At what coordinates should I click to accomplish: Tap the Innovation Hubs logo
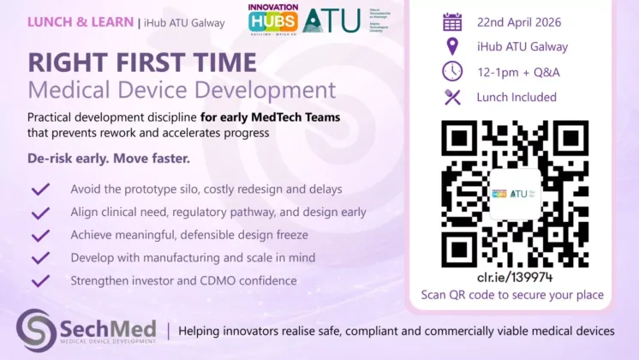point(273,20)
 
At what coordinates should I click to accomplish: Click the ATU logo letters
point(331,20)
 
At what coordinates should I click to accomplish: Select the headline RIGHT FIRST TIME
point(141,63)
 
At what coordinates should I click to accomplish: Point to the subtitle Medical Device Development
point(182,89)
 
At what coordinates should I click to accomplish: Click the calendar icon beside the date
point(452,22)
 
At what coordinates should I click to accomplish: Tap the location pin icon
point(452,46)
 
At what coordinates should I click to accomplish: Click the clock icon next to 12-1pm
point(452,71)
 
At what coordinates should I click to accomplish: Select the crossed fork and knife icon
point(452,97)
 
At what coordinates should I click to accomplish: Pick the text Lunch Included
point(517,97)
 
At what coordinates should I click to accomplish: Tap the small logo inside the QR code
point(515,194)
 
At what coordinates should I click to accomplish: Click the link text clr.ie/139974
point(513,277)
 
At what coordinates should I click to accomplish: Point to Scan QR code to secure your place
point(512,295)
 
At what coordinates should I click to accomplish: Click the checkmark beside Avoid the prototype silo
point(40,189)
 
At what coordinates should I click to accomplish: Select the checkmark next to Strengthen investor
point(40,280)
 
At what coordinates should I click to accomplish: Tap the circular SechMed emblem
point(37,330)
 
